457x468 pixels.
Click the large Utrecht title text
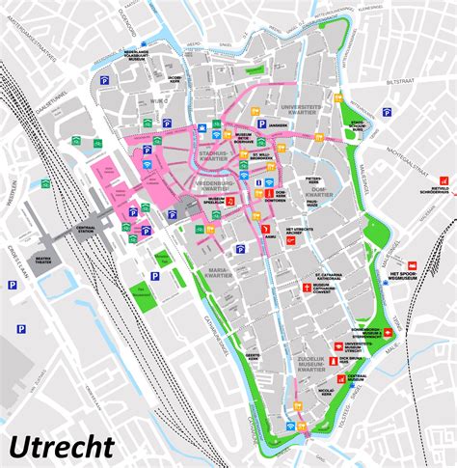click(x=62, y=446)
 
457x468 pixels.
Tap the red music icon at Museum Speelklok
click(x=229, y=202)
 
